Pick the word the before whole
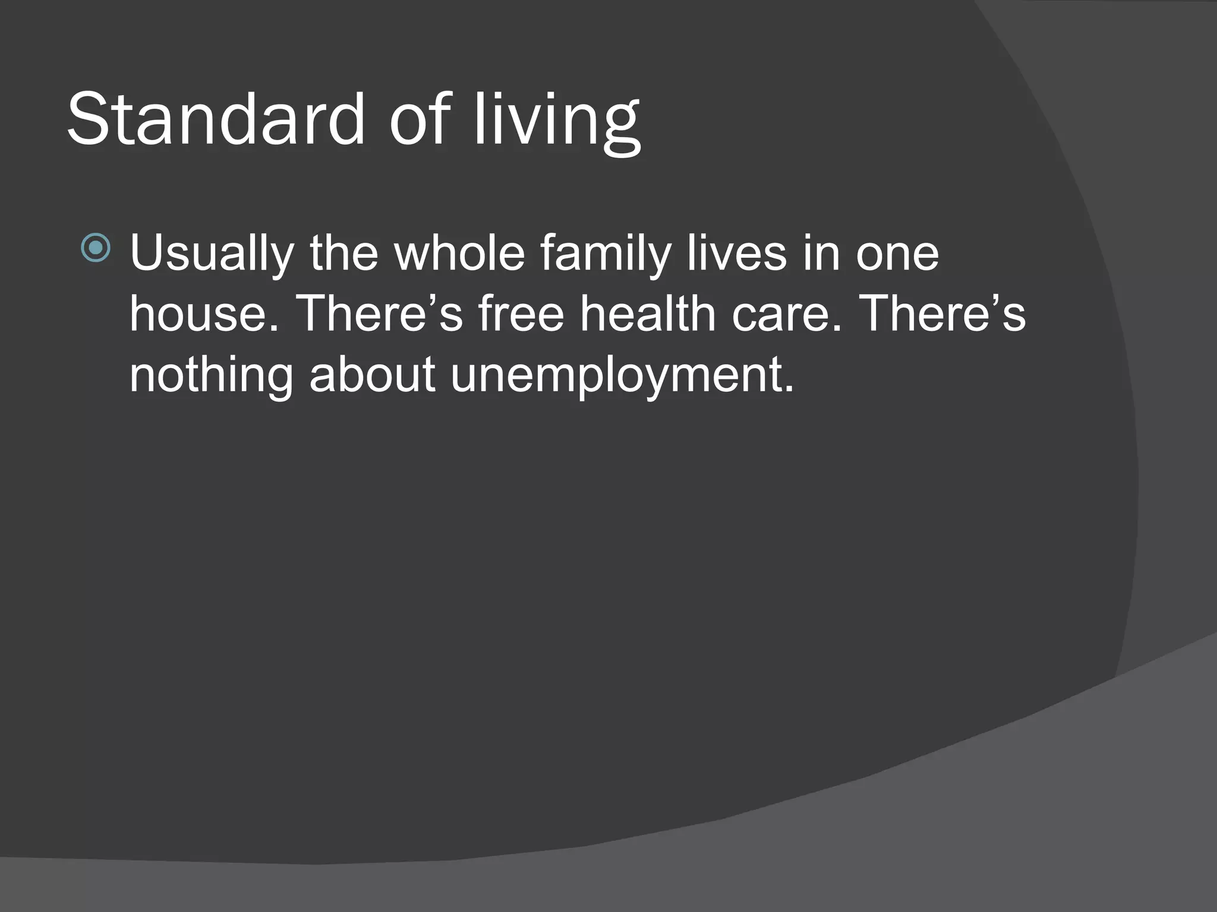[x=344, y=252]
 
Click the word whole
[x=459, y=252]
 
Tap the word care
[x=786, y=315]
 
